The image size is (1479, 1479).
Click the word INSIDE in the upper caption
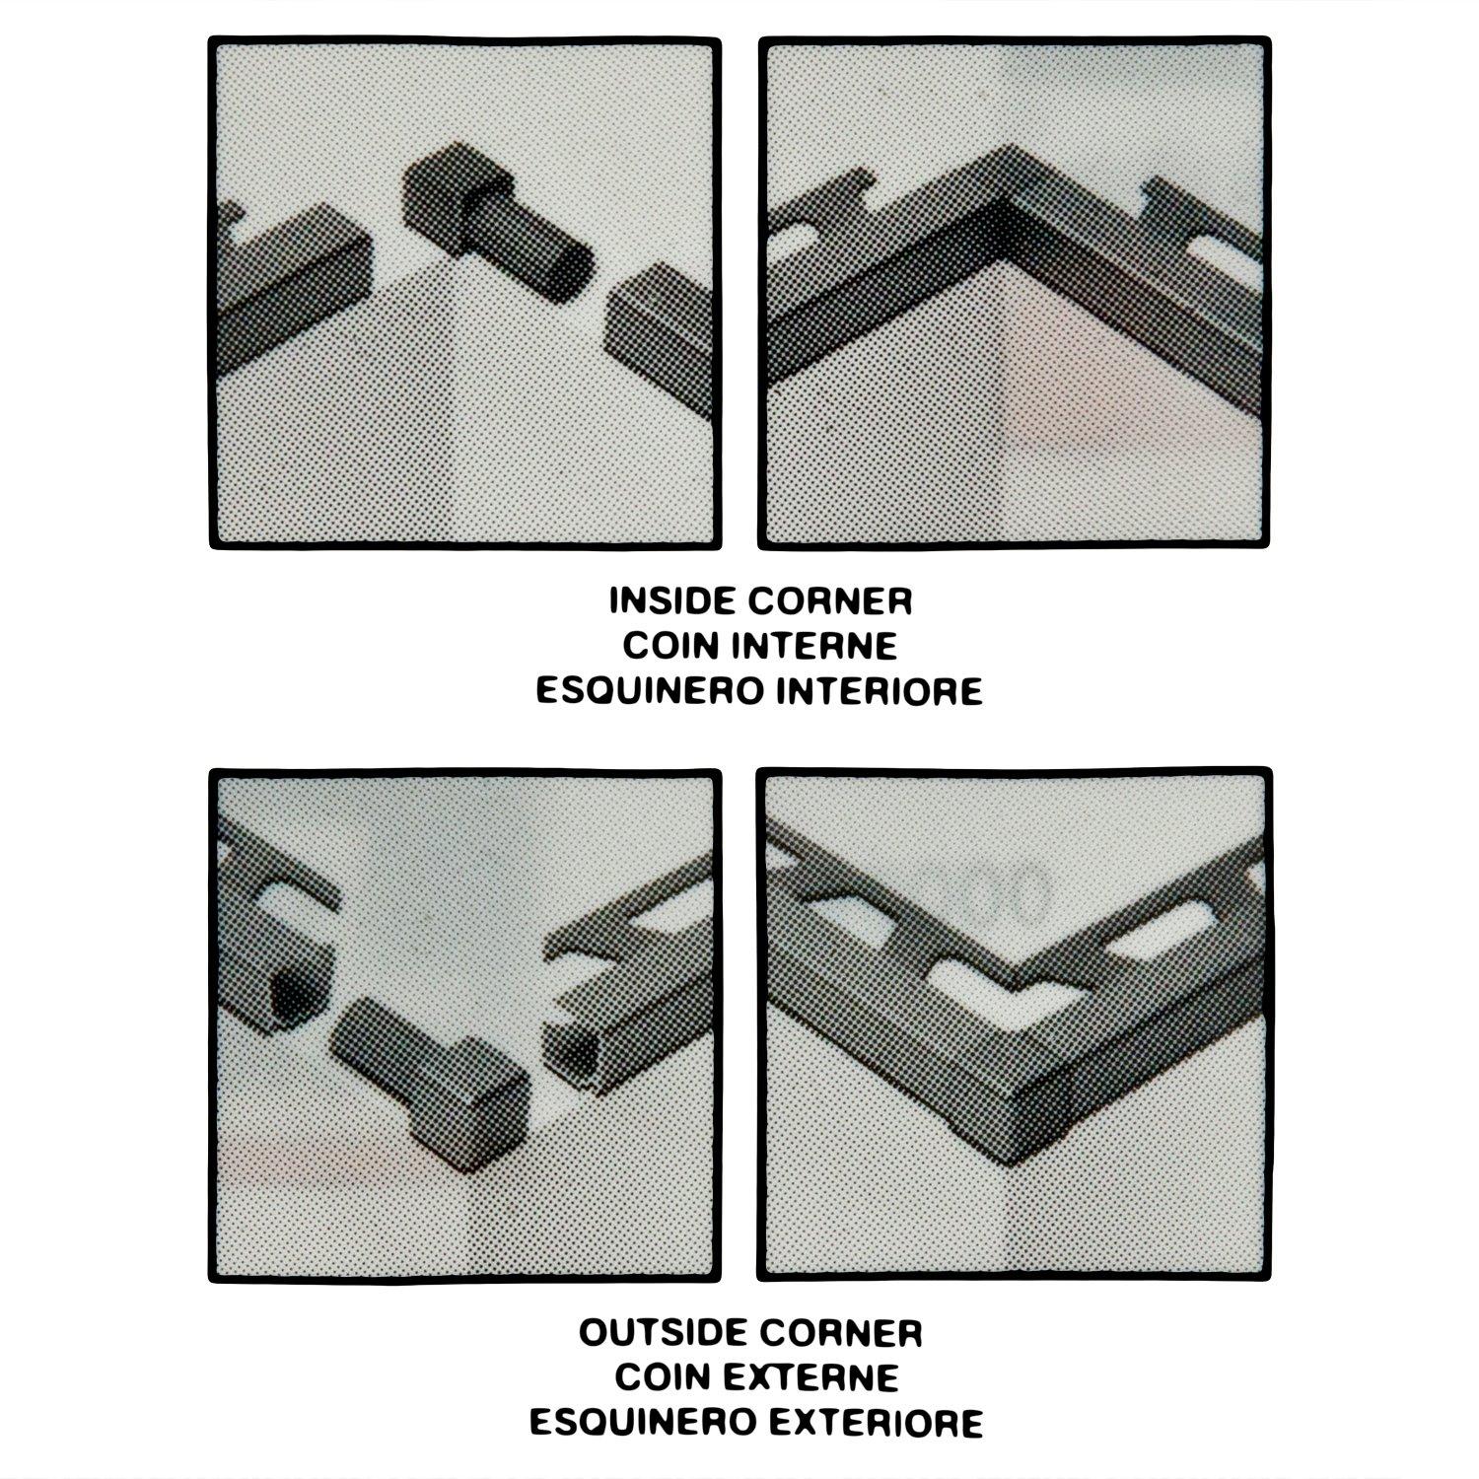pos(669,600)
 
